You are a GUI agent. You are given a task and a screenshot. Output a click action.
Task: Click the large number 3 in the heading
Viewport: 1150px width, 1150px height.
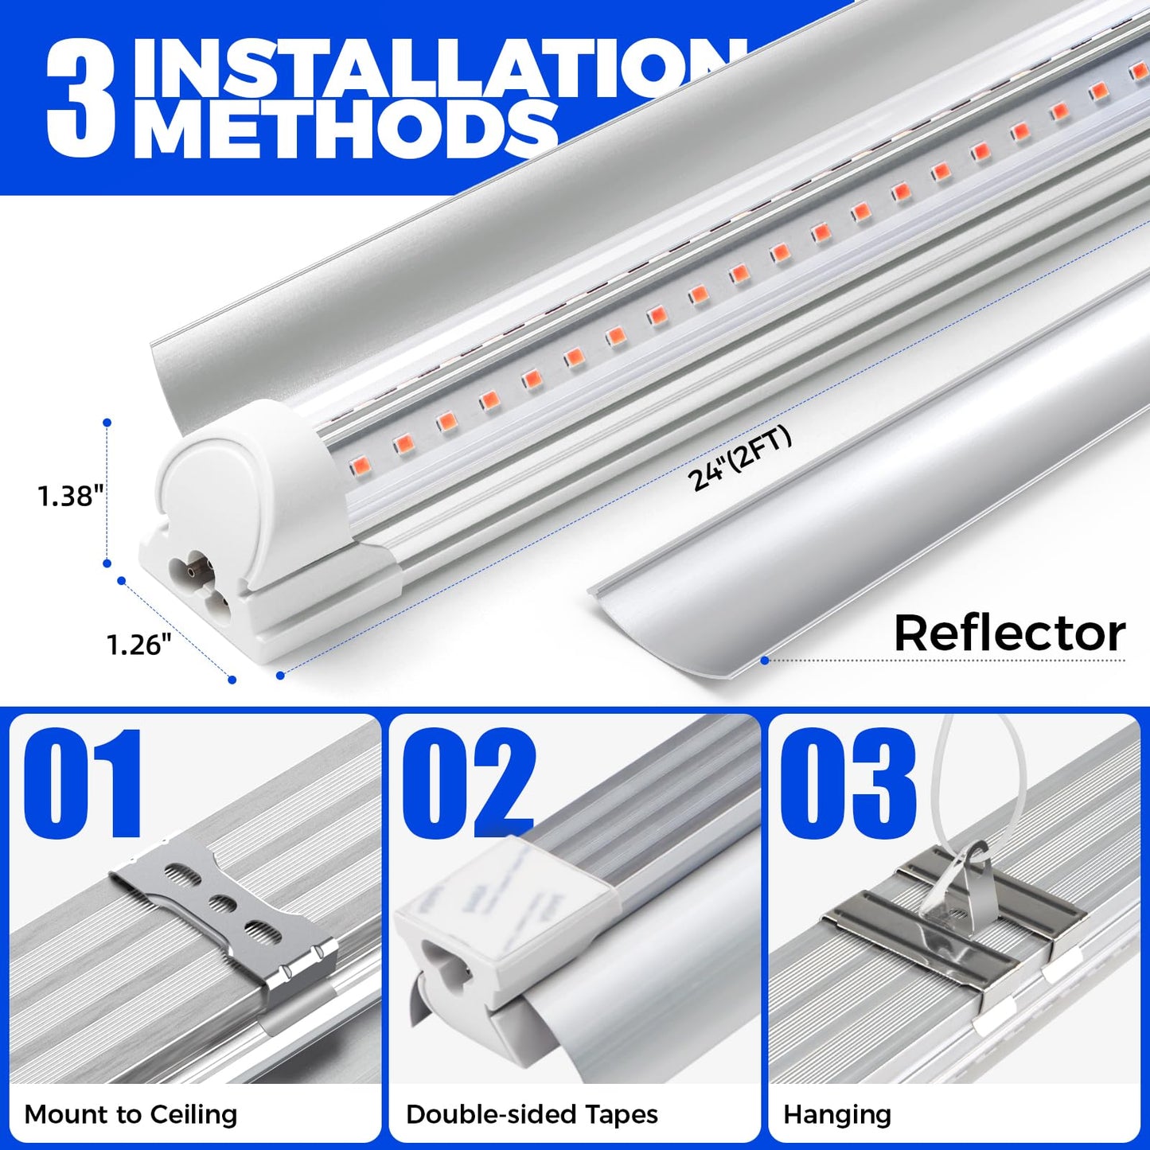coord(82,99)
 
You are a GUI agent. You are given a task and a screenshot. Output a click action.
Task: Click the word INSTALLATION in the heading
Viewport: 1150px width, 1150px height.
coord(430,68)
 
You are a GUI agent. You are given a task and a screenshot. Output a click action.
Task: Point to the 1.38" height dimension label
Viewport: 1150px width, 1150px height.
coord(71,497)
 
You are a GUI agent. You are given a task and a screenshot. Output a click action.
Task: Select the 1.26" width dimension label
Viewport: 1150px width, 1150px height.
coord(139,645)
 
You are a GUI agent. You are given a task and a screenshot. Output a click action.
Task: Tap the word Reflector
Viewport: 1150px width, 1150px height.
coord(1009,633)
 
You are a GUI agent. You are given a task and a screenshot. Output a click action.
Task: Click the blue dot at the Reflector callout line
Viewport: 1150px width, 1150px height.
coord(764,660)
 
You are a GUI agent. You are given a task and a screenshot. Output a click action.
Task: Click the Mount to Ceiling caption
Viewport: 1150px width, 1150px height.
coord(131,1114)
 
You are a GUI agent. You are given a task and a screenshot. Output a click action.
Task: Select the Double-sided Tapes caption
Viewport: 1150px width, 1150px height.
coord(532,1114)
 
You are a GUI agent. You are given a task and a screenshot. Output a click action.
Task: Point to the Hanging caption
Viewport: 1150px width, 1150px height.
coord(837,1114)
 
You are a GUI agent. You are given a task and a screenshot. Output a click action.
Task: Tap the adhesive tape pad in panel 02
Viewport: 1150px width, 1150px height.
coord(509,883)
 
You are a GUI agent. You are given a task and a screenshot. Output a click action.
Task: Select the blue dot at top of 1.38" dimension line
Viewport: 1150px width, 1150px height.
coord(107,423)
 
